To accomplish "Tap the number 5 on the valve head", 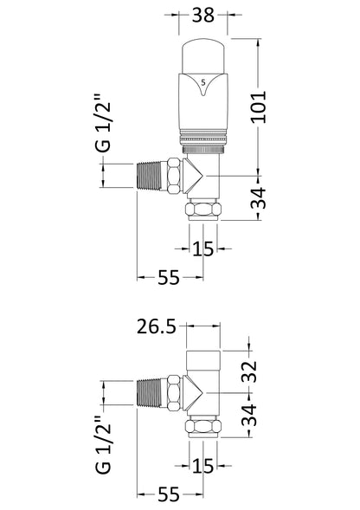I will coord(204,81).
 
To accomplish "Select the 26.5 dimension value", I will coord(157,327).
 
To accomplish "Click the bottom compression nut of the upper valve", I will coord(204,213).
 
